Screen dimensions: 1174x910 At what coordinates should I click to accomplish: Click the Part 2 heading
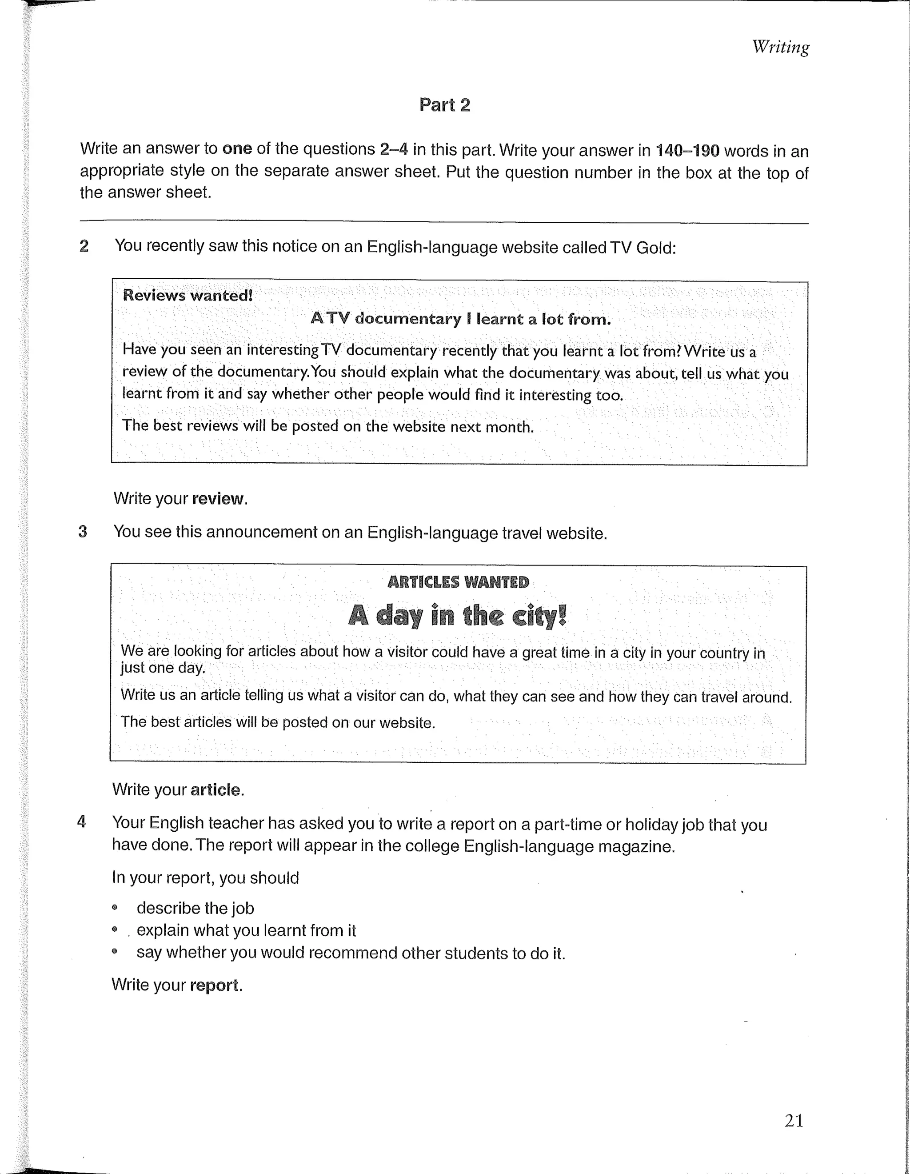(x=444, y=105)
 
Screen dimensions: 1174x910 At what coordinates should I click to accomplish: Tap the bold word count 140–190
(x=687, y=151)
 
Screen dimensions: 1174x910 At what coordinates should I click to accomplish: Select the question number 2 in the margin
(x=84, y=246)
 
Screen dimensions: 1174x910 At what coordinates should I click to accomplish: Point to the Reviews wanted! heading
(x=188, y=295)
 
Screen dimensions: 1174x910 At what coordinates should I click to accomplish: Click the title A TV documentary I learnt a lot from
(x=460, y=319)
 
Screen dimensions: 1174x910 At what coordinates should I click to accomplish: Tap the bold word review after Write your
(x=218, y=499)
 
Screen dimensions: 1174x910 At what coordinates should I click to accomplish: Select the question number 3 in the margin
(x=83, y=532)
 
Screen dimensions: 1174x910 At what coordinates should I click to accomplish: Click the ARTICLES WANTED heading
(x=458, y=582)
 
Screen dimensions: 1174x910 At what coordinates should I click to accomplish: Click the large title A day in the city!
(x=457, y=616)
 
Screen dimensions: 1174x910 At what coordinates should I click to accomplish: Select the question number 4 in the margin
(x=82, y=822)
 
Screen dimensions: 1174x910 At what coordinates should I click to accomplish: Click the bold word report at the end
(x=214, y=986)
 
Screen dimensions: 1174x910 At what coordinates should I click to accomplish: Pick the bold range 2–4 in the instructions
(x=394, y=149)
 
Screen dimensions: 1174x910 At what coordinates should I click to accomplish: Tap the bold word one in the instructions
(x=237, y=148)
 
